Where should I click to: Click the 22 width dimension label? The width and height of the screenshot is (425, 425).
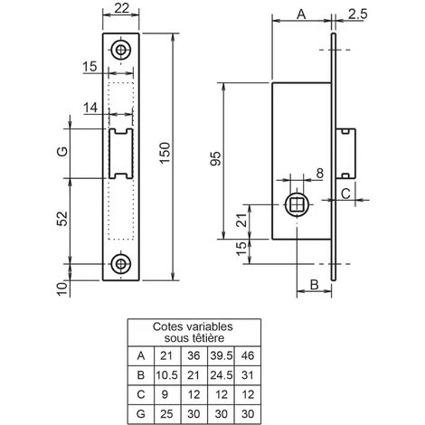tap(120, 9)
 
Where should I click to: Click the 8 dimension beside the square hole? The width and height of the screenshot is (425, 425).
tap(320, 174)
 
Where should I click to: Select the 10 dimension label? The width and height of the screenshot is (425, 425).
tap(61, 288)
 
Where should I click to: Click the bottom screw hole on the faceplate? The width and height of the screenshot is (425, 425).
tap(120, 263)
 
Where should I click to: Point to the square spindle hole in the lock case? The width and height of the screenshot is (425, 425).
tap(297, 206)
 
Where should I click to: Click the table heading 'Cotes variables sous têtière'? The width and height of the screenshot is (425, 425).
tap(192, 332)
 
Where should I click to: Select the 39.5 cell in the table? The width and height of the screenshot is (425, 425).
tap(221, 355)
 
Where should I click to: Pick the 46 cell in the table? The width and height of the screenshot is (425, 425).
tap(249, 355)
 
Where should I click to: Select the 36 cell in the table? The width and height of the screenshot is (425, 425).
tap(192, 355)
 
